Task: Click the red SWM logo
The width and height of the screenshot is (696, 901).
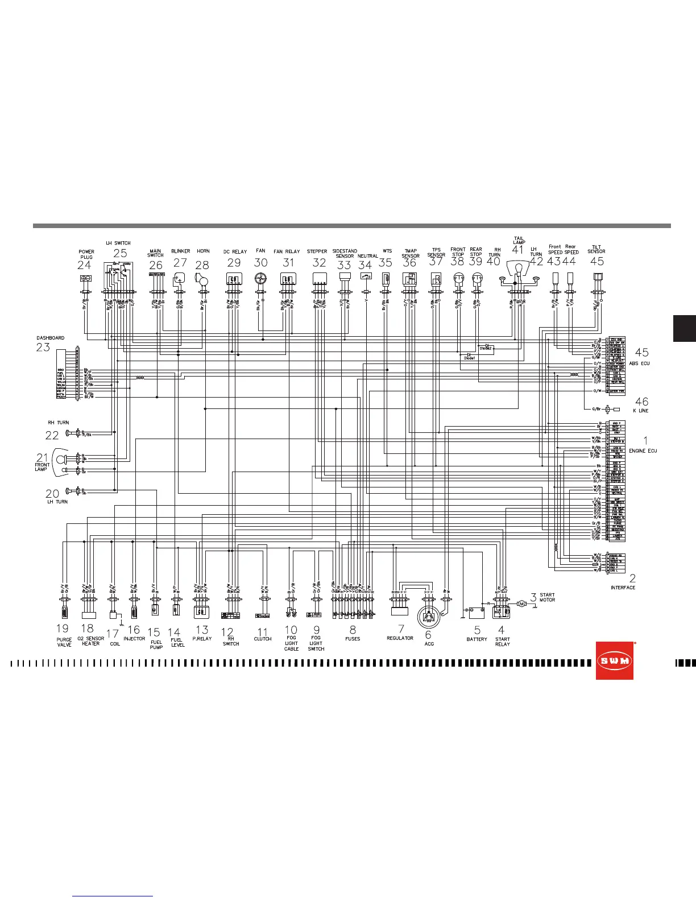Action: click(614, 660)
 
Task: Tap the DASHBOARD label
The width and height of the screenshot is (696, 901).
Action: click(51, 338)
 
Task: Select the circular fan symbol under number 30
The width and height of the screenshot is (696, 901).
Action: click(260, 279)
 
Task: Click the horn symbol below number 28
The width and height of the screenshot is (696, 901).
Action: click(202, 278)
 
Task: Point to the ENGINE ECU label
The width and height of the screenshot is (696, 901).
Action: click(643, 451)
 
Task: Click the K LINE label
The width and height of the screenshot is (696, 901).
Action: click(641, 411)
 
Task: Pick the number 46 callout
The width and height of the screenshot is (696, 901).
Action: click(641, 402)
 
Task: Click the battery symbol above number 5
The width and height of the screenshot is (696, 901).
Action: click(476, 613)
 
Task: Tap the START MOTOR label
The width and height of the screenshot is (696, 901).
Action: click(547, 597)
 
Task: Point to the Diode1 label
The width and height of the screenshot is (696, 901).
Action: click(469, 358)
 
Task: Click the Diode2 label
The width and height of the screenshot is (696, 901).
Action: click(485, 348)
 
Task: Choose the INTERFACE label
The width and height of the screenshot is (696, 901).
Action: click(623, 588)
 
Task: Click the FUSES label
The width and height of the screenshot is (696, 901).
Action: click(353, 639)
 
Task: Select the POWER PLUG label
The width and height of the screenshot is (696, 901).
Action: click(86, 254)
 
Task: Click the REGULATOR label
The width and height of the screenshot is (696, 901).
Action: click(400, 638)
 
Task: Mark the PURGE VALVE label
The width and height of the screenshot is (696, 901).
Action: click(64, 642)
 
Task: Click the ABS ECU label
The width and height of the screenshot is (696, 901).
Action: click(639, 363)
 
